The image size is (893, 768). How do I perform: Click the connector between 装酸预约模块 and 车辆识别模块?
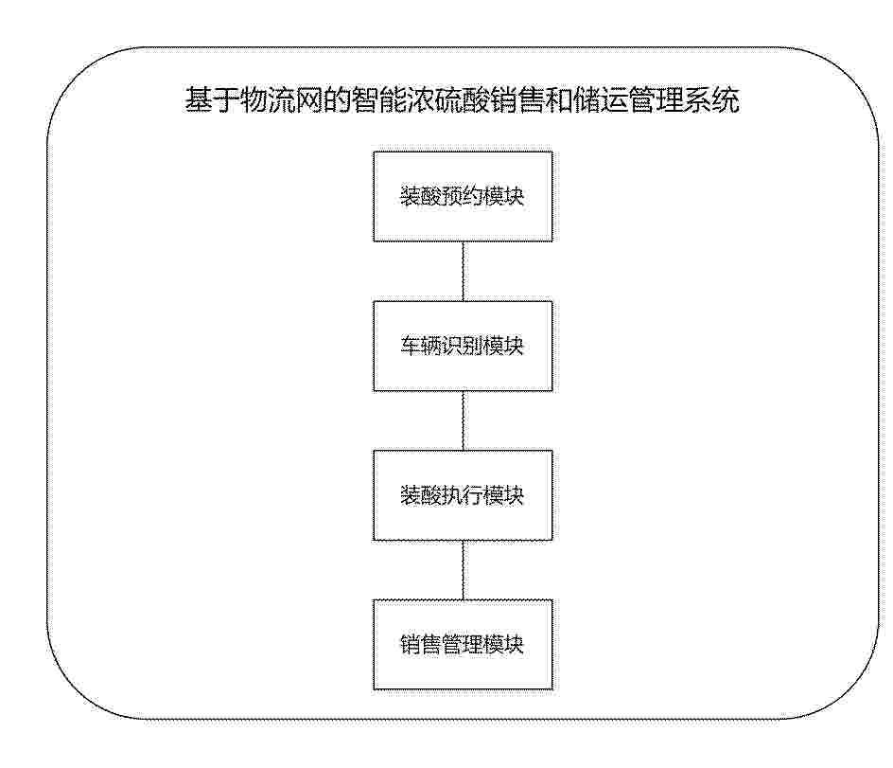click(x=463, y=272)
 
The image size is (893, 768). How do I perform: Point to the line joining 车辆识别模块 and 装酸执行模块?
click(x=463, y=420)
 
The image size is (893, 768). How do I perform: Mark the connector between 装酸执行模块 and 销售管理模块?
click(x=463, y=570)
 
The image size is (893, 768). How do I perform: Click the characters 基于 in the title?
click(x=212, y=100)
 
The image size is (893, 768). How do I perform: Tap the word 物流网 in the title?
click(x=281, y=100)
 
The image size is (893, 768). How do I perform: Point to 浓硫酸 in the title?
click(x=447, y=100)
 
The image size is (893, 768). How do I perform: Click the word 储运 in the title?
click(x=601, y=100)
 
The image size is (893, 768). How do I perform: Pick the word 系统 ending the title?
click(x=711, y=100)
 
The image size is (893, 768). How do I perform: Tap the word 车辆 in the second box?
click(x=421, y=346)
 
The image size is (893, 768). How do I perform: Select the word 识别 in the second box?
click(x=463, y=346)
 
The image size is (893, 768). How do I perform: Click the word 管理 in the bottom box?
click(x=463, y=644)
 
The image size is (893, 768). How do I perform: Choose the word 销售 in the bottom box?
click(x=421, y=644)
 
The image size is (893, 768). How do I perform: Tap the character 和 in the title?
click(x=559, y=100)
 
